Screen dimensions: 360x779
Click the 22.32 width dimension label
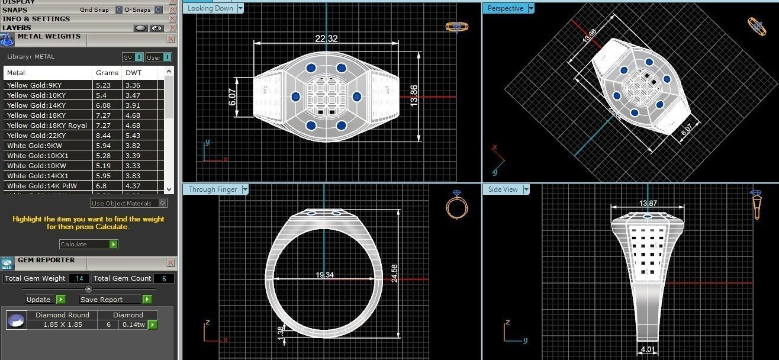click(x=326, y=38)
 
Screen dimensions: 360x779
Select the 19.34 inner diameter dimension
click(x=325, y=275)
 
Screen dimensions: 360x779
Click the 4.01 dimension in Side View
click(x=648, y=349)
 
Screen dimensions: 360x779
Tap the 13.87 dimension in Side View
click(x=648, y=204)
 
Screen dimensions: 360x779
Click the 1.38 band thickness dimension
click(x=280, y=333)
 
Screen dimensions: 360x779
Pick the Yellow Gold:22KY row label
click(x=36, y=136)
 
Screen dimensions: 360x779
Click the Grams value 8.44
click(x=103, y=136)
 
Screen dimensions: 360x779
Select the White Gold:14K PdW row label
click(x=41, y=186)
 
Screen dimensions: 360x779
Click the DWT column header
click(x=131, y=73)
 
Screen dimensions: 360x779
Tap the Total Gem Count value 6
click(x=163, y=278)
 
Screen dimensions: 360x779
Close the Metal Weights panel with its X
click(x=171, y=39)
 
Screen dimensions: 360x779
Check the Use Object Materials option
click(x=163, y=203)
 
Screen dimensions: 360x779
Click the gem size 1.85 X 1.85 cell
click(x=62, y=324)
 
